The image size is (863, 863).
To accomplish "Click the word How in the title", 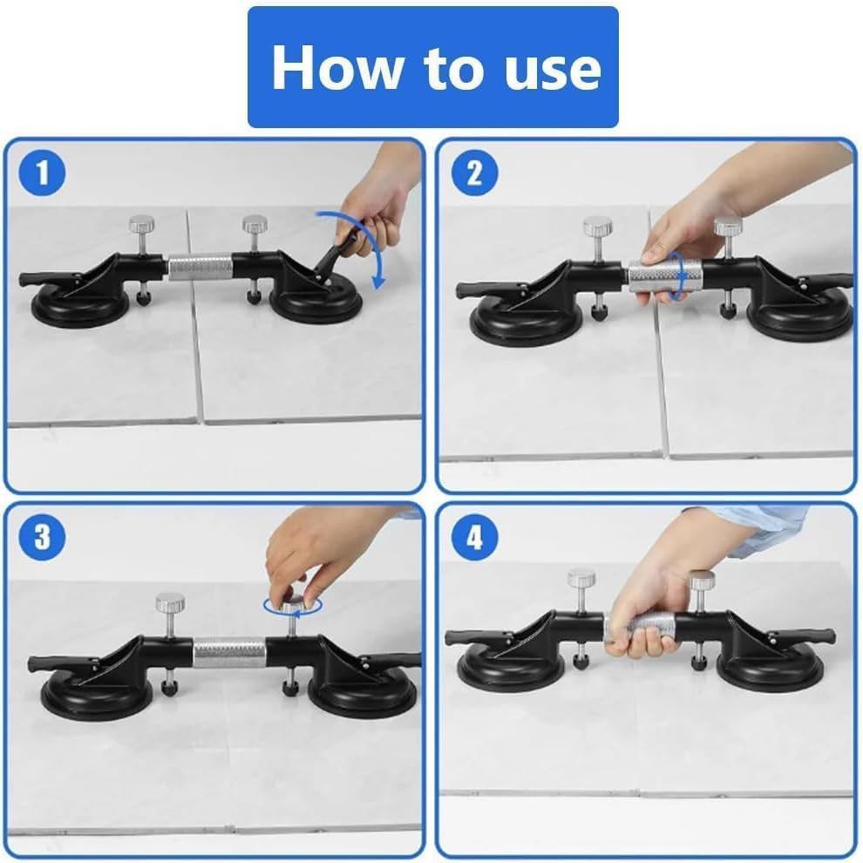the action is (x=336, y=67).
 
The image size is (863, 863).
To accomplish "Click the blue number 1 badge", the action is (x=43, y=173).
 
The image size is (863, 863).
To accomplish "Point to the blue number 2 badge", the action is (x=475, y=173).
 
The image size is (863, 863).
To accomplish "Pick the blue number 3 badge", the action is (x=43, y=537).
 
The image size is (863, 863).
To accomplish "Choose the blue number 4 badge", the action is (x=475, y=537).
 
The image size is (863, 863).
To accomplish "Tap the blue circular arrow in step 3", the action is (x=293, y=606).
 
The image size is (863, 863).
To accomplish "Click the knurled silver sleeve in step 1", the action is (x=200, y=267).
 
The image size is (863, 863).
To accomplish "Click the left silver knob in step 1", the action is (x=142, y=225).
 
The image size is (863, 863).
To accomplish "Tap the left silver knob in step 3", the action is (x=169, y=602).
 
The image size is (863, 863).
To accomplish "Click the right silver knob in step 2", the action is (x=728, y=227).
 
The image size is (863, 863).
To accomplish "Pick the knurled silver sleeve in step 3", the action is (x=229, y=652).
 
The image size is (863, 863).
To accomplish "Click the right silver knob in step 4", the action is (x=703, y=580).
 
